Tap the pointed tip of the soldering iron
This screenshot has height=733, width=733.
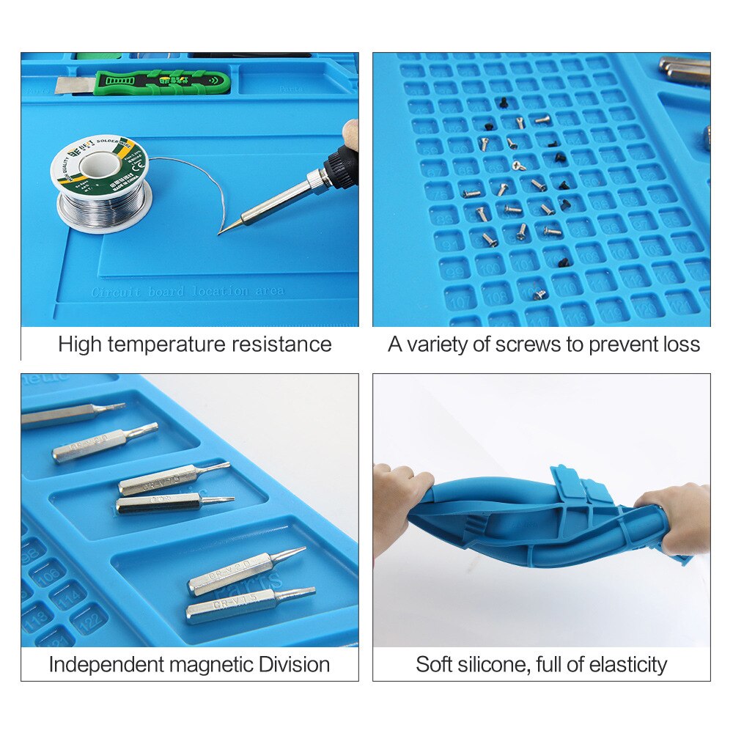(221, 233)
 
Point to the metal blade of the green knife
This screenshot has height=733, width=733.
(74, 85)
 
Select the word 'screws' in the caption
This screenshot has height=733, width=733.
(525, 345)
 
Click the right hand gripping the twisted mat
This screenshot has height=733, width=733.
(678, 517)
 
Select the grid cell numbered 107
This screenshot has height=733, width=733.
(460, 300)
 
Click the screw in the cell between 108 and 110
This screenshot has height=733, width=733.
(539, 294)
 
